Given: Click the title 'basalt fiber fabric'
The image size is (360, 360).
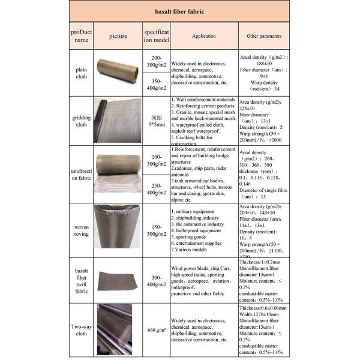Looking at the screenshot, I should click(179, 11).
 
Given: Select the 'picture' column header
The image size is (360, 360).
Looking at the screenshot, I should click(118, 36).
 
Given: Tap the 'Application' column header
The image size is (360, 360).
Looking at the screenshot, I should click(204, 36).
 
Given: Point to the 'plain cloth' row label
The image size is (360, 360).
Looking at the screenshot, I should click(81, 72).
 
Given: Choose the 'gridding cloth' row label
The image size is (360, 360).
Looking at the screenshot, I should click(81, 120).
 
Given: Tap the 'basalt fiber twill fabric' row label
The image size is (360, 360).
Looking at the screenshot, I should click(81, 282).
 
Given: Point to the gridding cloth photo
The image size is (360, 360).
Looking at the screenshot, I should click(118, 120).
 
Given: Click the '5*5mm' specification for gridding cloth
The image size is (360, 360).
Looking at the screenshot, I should click(156, 124).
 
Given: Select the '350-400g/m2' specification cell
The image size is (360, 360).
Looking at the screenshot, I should click(156, 85).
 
